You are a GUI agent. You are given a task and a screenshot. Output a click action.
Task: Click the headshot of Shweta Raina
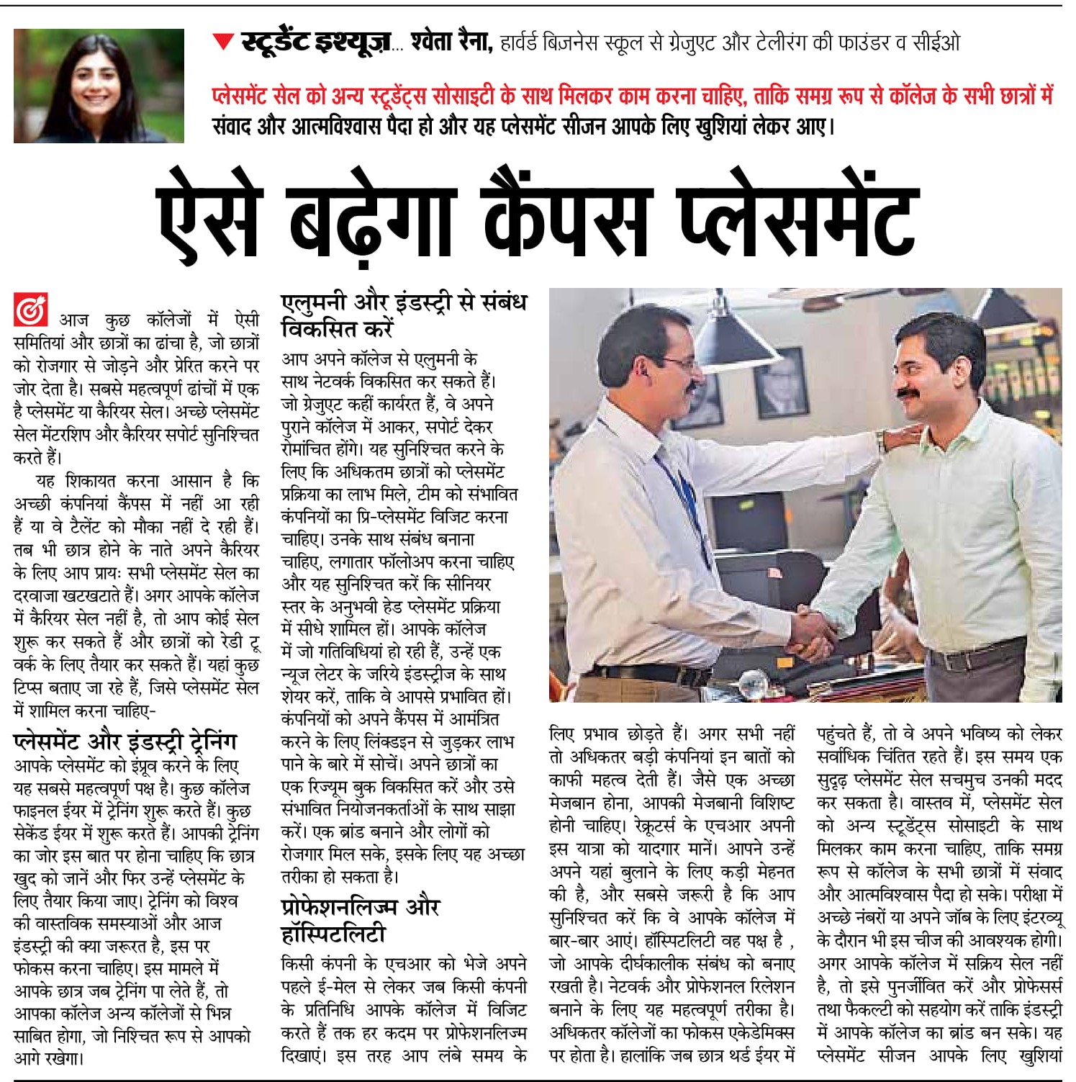tap(99, 85)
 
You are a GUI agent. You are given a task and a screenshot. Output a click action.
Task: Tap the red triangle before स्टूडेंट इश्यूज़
tap(223, 42)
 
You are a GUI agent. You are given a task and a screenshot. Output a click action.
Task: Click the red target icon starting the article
tap(30, 310)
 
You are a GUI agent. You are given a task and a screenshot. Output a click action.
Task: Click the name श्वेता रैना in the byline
tap(451, 42)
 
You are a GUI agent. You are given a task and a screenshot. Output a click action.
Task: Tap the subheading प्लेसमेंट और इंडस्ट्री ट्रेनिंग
tap(125, 741)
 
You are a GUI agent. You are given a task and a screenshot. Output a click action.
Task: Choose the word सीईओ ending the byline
tap(936, 43)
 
